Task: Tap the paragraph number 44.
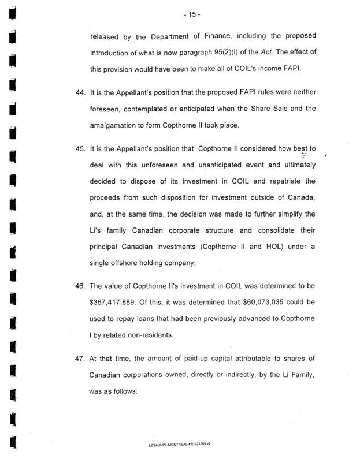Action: click(81, 93)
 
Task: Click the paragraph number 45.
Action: click(81, 149)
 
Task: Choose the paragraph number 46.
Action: click(81, 286)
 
